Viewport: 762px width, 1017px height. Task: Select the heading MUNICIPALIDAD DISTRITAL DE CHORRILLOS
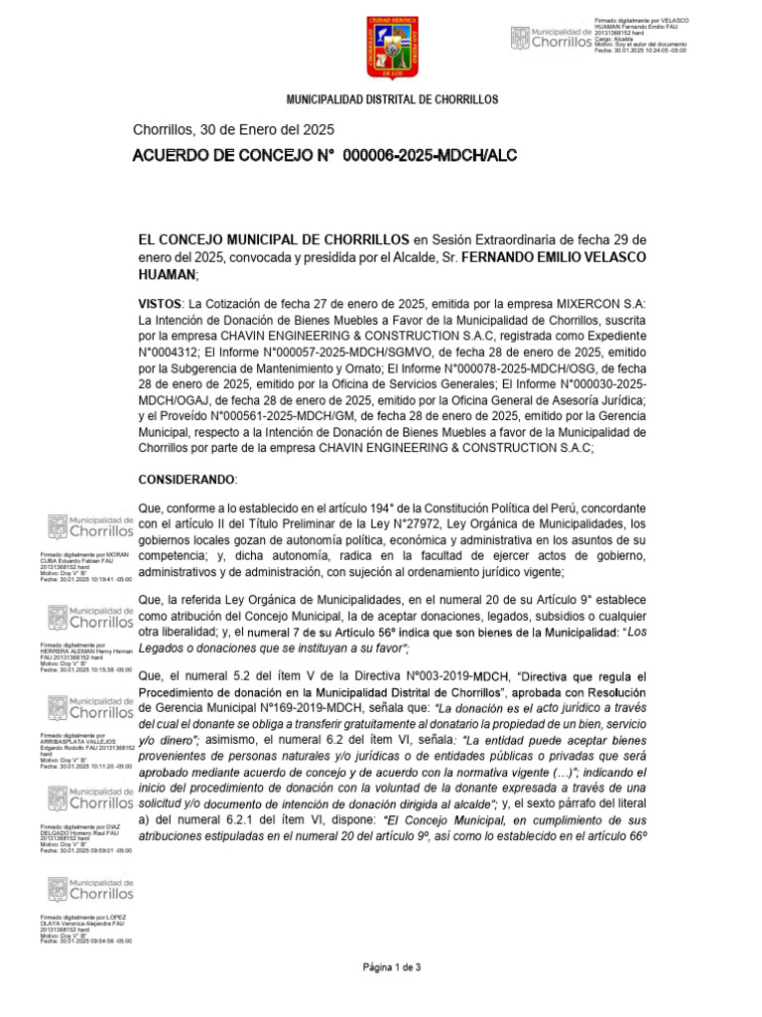392,101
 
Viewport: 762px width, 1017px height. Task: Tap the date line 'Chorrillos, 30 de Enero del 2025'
233,130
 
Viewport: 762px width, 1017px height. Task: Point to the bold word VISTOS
160,302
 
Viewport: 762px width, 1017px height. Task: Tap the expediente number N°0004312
171,351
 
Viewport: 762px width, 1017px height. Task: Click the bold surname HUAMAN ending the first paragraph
167,274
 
